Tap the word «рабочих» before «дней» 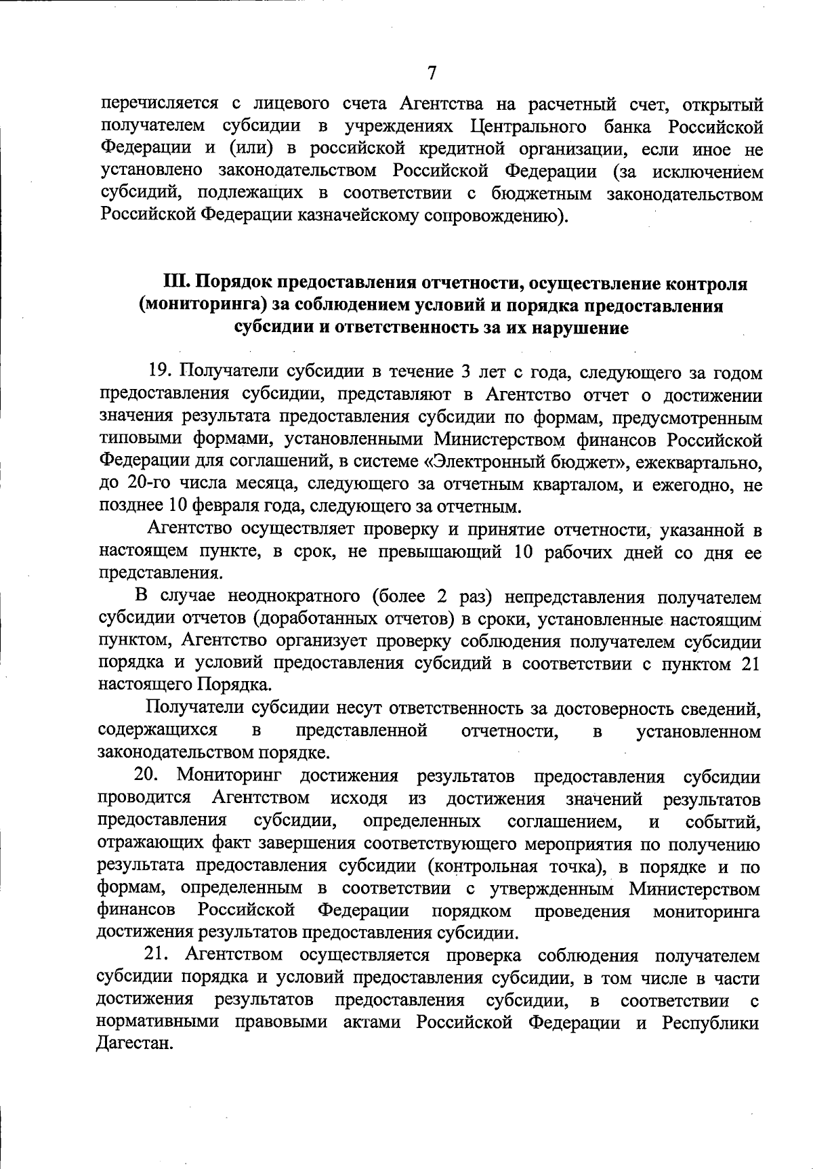click(569, 552)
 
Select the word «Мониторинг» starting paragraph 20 click(230, 776)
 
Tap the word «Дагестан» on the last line click(132, 1044)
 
